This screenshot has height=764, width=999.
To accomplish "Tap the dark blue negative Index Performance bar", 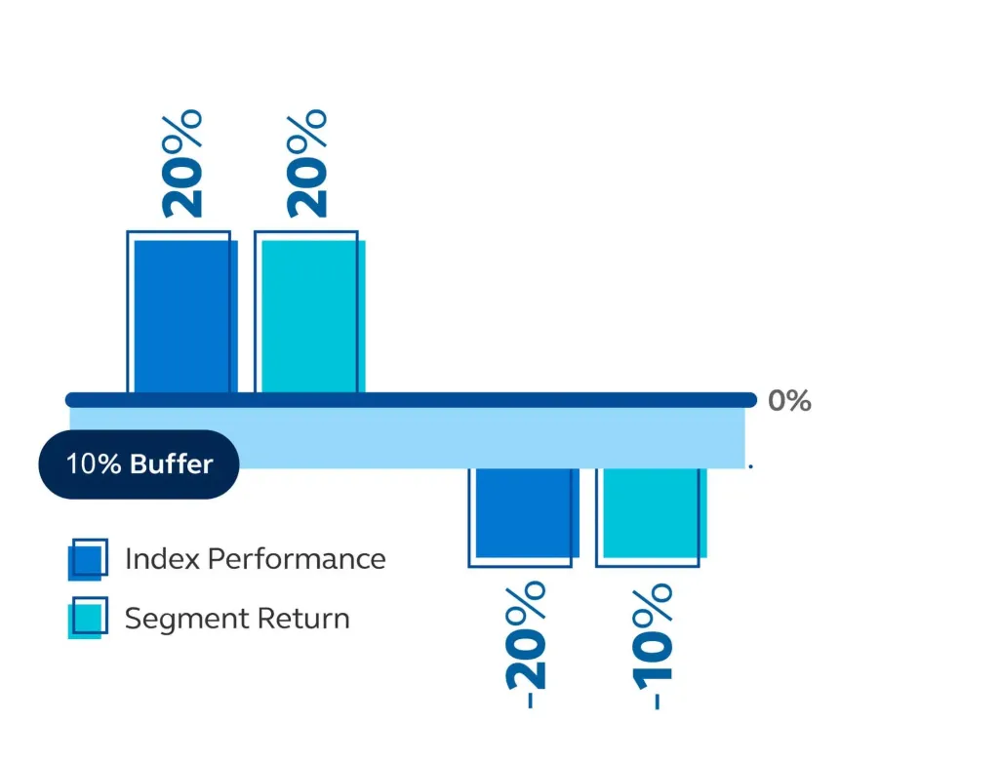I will click(522, 513).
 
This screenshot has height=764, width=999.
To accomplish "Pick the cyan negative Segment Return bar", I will click(651, 513).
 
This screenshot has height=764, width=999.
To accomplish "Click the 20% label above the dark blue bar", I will click(182, 163).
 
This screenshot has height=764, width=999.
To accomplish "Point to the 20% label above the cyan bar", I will click(308, 163).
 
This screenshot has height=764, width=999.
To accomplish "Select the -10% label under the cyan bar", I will click(651, 645).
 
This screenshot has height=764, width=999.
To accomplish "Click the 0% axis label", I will click(789, 401).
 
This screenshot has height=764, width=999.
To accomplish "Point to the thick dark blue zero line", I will click(410, 399).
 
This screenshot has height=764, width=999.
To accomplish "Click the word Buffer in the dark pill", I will click(171, 463).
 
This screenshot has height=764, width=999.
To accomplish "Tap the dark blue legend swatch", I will click(87, 559).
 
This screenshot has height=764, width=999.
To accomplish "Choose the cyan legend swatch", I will click(87, 618).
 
